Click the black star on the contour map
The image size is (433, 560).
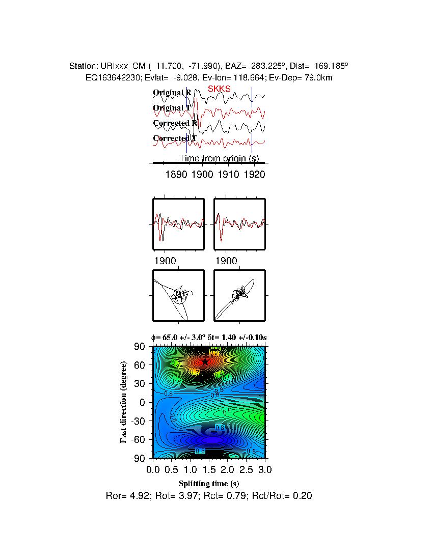coord(205,361)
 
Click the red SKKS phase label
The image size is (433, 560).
coord(219,89)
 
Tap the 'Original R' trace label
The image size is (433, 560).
coord(172,93)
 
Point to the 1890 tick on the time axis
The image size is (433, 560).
coord(176,174)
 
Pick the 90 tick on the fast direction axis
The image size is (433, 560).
coord(141,347)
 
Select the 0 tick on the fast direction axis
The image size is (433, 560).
coord(144,403)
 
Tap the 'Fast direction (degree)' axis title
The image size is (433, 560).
coord(124,402)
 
